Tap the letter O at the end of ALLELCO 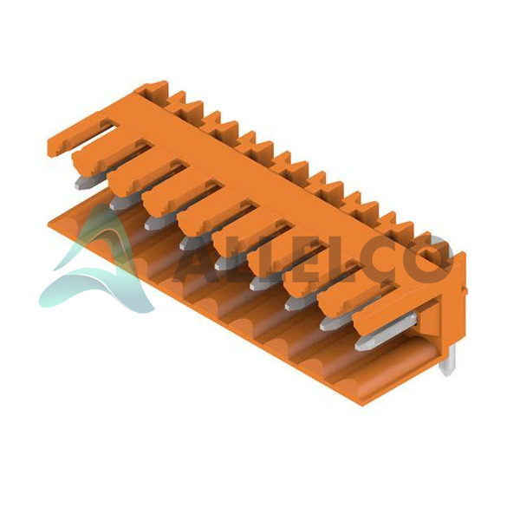(x=432, y=257)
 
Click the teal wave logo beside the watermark (x=96, y=262)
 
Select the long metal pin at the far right (x=386, y=332)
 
